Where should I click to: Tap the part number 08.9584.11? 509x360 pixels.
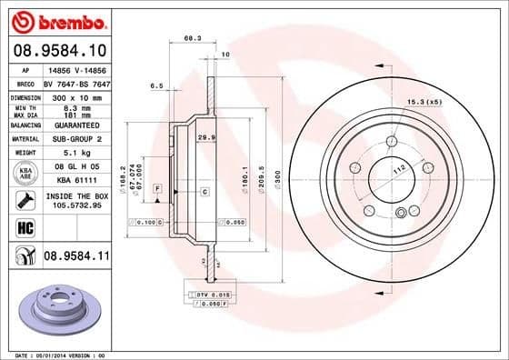coord(77,257)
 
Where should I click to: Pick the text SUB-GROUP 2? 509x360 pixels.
coord(74,138)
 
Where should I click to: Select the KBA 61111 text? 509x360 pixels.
coord(74,181)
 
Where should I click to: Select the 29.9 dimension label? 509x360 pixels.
coord(206,135)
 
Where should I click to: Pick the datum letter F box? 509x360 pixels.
coord(157,188)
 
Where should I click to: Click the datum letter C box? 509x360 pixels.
coord(205,191)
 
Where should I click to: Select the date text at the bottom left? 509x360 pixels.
coord(55,355)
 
